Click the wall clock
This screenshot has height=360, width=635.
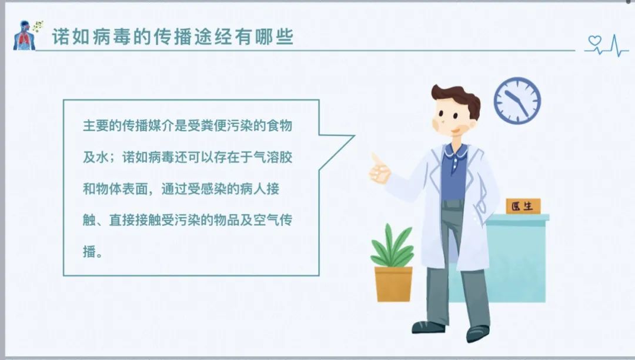click(x=517, y=101)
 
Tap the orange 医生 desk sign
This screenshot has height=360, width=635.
click(x=523, y=206)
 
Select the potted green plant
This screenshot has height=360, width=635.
click(x=392, y=262)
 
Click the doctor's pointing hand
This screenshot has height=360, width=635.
click(x=379, y=169)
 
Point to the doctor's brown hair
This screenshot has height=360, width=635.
click(x=456, y=97)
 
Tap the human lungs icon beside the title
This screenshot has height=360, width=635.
click(x=25, y=36)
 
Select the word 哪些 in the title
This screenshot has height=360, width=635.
click(x=274, y=37)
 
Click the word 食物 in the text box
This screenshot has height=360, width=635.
click(x=279, y=125)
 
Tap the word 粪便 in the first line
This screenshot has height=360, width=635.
click(x=214, y=125)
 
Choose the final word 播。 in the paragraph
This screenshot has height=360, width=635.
click(x=93, y=252)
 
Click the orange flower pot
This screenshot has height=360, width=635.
click(x=393, y=284)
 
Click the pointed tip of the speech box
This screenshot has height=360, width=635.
click(x=355, y=136)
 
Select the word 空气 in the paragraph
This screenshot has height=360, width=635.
click(x=266, y=220)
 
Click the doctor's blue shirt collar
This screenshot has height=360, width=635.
click(x=456, y=151)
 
